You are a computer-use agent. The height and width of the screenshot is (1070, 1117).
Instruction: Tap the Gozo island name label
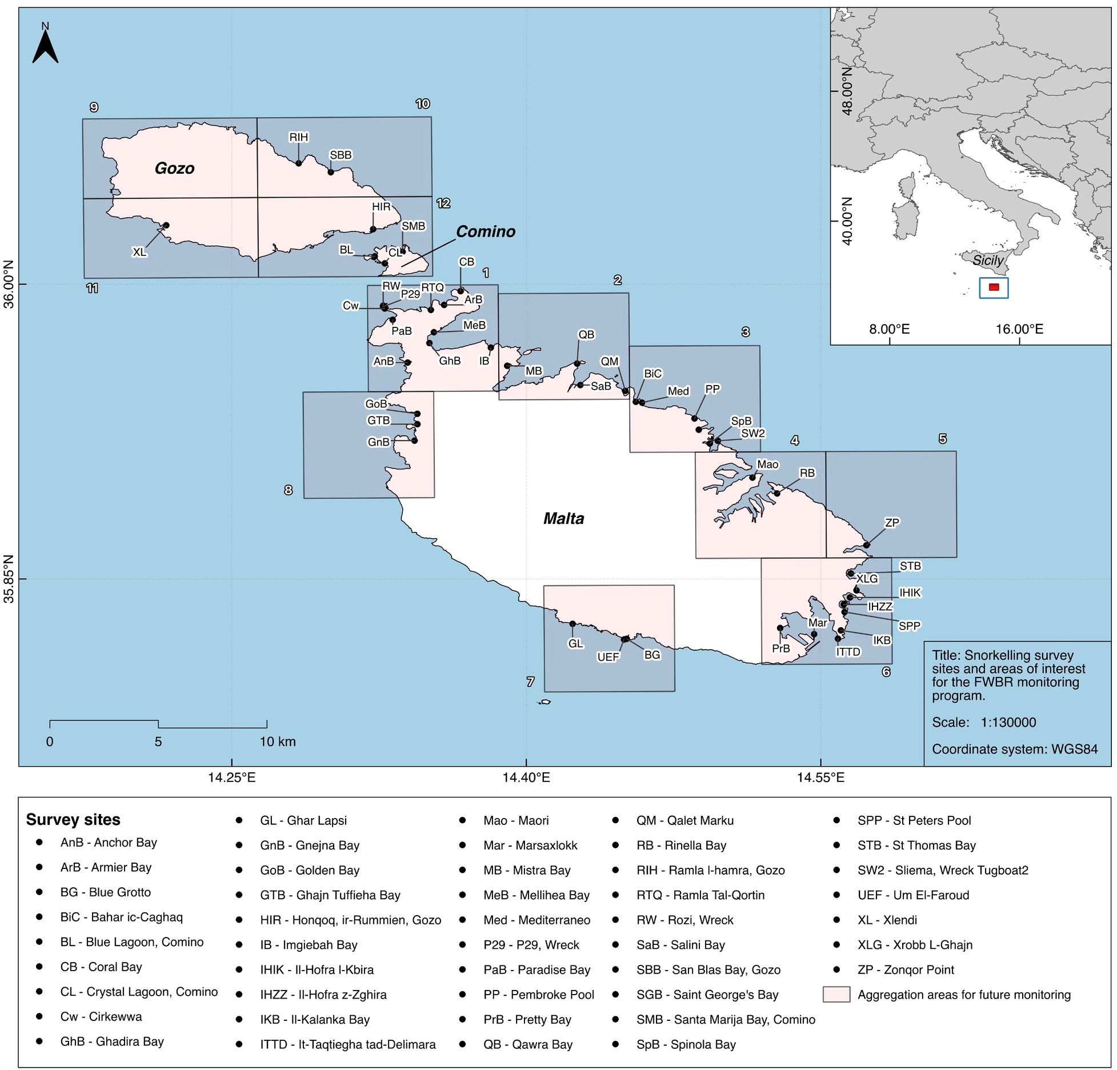[174, 168]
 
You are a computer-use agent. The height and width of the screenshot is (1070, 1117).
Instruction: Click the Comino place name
[485, 231]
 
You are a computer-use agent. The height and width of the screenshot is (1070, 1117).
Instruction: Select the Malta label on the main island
[563, 518]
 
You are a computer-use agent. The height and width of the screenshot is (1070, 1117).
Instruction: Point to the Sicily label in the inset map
[988, 260]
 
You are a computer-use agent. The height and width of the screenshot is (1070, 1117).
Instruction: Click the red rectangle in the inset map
[994, 287]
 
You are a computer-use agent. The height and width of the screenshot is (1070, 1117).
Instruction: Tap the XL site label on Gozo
[139, 252]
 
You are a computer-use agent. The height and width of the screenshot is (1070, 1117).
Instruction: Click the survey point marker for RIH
[298, 163]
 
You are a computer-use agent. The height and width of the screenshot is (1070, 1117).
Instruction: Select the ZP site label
[891, 523]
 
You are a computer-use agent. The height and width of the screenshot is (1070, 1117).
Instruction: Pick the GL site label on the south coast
[575, 643]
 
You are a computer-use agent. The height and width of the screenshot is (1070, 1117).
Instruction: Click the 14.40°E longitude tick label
[526, 777]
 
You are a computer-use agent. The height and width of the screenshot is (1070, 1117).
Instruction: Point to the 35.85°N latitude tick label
[9, 579]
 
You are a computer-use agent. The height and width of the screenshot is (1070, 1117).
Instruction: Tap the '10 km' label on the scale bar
[278, 742]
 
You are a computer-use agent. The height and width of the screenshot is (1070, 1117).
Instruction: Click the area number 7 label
[530, 682]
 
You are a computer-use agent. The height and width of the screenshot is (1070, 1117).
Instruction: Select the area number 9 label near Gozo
[94, 107]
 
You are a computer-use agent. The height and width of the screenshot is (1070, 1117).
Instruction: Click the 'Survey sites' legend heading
[73, 819]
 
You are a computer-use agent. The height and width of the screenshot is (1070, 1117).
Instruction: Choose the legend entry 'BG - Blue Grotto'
[106, 892]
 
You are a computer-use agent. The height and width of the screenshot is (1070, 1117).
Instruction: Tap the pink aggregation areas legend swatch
[836, 994]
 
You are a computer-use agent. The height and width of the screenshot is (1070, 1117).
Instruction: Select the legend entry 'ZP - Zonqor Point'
[905, 969]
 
